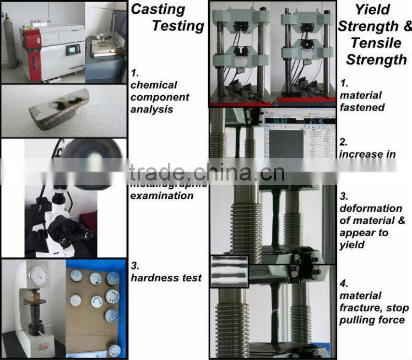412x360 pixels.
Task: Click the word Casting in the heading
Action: (x=157, y=9)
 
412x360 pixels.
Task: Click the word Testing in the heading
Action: (x=178, y=26)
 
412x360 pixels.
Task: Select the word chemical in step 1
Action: (x=154, y=85)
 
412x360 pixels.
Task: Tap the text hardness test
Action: (x=166, y=278)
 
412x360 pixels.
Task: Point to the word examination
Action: (x=162, y=196)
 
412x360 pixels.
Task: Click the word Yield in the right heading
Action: (x=372, y=9)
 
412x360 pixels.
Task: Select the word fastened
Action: (x=362, y=107)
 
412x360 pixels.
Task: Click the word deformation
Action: (x=370, y=208)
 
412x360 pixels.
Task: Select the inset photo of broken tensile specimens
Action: (x=229, y=269)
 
